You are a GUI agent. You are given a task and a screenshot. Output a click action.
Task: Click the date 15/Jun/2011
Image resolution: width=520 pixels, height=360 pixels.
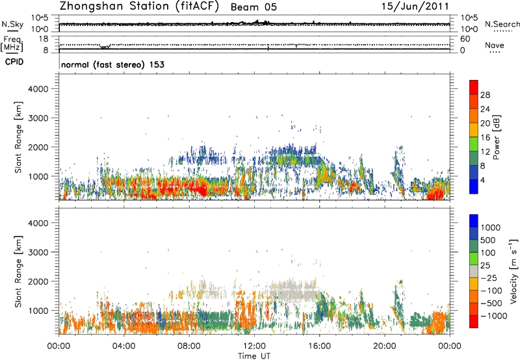point(420,6)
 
